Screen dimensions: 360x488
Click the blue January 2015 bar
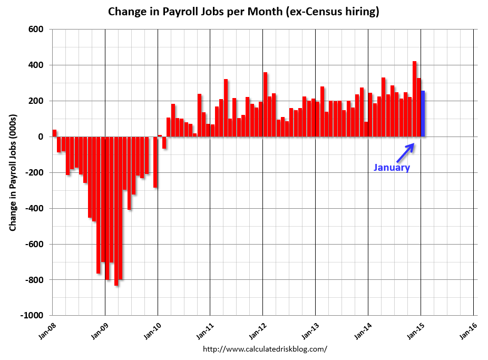click(x=423, y=114)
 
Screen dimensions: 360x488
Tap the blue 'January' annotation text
click(x=392, y=168)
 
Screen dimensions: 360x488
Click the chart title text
click(x=243, y=12)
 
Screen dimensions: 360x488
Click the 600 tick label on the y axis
click(x=36, y=29)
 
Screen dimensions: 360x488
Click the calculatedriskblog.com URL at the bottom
click(x=265, y=349)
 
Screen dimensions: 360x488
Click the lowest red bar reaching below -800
click(x=116, y=211)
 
